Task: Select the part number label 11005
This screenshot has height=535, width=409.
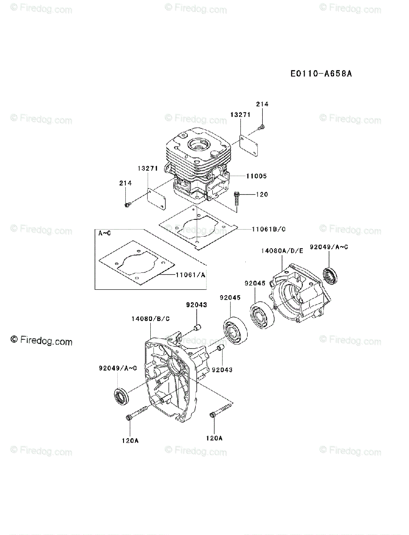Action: click(x=256, y=176)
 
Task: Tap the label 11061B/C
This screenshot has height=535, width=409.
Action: click(x=269, y=229)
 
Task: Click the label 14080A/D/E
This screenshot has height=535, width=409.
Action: click(x=283, y=251)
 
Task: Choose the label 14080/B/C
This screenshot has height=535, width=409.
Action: click(x=150, y=319)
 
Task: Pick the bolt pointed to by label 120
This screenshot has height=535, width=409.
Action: click(x=237, y=196)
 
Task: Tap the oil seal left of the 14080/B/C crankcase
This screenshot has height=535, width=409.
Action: click(x=121, y=396)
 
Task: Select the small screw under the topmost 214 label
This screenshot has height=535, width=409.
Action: click(x=261, y=128)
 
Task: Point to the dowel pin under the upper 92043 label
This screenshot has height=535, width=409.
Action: click(x=196, y=329)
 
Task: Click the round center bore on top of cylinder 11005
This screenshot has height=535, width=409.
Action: click(x=197, y=145)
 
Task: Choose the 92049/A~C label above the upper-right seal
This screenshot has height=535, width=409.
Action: click(x=329, y=246)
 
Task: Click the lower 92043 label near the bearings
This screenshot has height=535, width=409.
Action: click(x=222, y=369)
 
